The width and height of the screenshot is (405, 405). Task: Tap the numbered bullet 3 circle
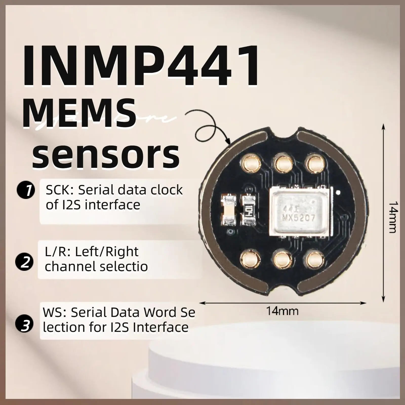[24, 325]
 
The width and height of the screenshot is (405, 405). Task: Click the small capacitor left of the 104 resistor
[229, 210]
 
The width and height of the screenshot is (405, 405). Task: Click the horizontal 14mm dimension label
[282, 311]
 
